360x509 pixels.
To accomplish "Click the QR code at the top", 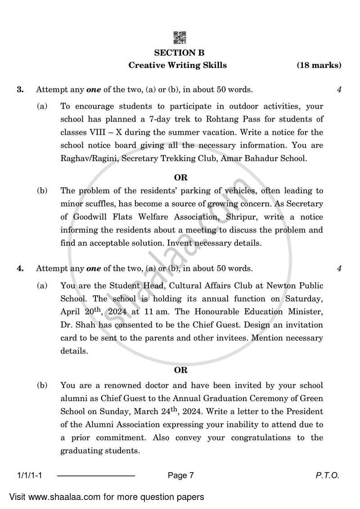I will [x=180, y=38].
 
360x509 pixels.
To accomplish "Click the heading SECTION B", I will [x=180, y=53].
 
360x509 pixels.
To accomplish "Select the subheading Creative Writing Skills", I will [x=178, y=65].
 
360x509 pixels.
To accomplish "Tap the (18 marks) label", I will [x=319, y=65].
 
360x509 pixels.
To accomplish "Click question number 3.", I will [x=20, y=90].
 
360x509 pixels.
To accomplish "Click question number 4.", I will [x=20, y=269].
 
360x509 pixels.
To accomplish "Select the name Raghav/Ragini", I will [x=86, y=158].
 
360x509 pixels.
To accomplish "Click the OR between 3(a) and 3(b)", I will [x=180, y=178].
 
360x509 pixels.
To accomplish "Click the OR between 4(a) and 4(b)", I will [x=180, y=370].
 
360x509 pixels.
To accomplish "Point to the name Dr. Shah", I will [x=77, y=325].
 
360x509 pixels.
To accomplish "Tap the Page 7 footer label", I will [x=180, y=475].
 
